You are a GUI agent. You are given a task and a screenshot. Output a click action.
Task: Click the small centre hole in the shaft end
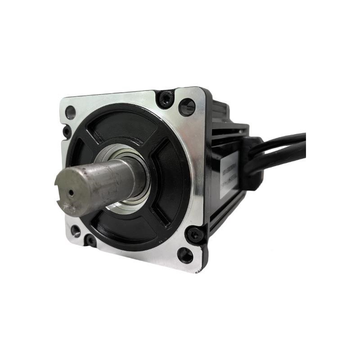pos(71,192)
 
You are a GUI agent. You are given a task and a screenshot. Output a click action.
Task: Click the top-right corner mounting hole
pos(187,107)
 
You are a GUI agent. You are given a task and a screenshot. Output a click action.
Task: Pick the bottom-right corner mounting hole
pos(185,255)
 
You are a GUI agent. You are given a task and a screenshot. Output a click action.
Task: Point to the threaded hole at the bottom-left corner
pos(76,232)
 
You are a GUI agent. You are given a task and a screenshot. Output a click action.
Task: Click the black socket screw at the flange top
pos(165,99)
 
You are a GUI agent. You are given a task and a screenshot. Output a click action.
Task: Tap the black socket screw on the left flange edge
pos(67,132)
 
